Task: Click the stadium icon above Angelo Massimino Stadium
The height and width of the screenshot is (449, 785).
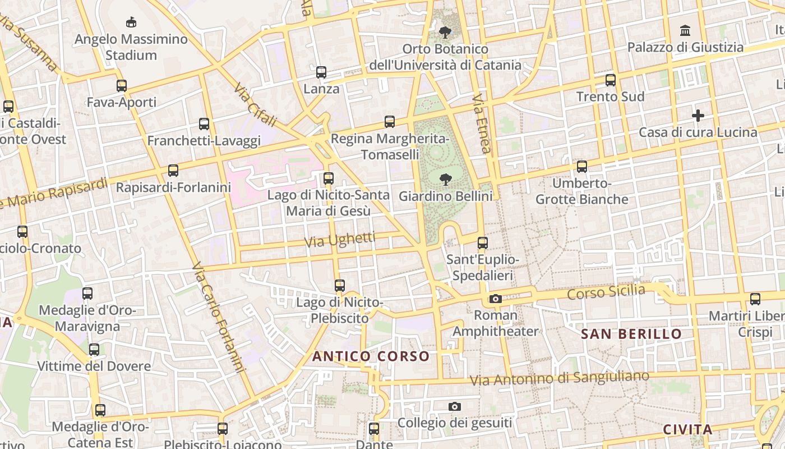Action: coord(131,22)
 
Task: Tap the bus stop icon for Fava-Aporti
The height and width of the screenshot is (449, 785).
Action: coord(121,86)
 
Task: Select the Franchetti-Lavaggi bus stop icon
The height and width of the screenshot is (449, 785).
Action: coord(204,124)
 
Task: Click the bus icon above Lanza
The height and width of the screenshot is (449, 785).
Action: coord(321,72)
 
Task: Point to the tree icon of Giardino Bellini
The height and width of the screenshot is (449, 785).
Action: coord(445,180)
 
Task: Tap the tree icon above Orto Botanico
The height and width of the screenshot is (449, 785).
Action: coord(445,32)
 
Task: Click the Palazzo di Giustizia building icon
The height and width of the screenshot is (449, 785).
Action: coord(685,30)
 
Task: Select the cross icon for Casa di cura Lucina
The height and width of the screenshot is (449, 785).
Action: coord(698,116)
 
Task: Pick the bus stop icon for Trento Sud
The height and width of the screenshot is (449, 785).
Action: coord(611,80)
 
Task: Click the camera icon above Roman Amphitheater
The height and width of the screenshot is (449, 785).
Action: coord(495,299)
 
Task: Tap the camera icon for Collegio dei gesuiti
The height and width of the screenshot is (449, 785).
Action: coord(455,406)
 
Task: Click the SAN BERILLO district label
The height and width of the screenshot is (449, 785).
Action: coord(631,334)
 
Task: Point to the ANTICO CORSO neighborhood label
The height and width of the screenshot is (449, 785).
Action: coord(371,356)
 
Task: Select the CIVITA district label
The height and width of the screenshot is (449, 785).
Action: coord(687,429)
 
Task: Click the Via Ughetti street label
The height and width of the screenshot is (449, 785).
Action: coord(340,240)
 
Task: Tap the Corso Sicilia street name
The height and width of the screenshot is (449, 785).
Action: coord(606,292)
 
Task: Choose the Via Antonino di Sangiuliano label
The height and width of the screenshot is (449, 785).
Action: coord(559,378)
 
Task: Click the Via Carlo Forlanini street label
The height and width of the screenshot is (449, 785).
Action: coord(218,318)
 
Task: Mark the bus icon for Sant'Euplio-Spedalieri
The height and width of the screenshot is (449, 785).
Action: coord(482,243)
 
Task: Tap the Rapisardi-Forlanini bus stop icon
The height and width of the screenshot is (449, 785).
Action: coord(173,170)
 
